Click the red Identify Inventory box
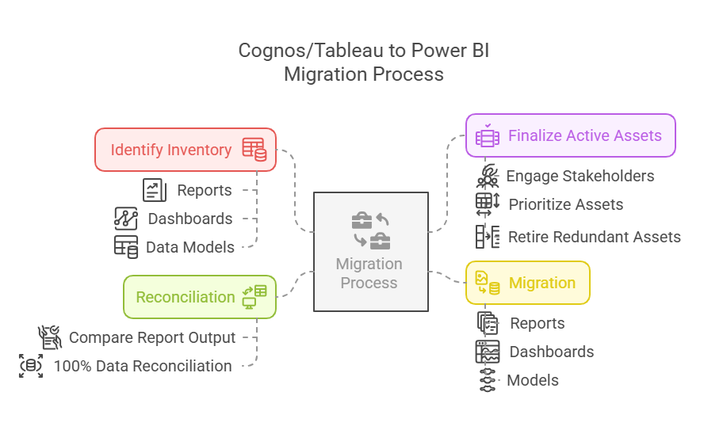point(186,150)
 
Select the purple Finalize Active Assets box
point(570,136)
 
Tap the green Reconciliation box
point(200,297)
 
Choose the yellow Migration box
point(527,283)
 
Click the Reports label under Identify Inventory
point(205,190)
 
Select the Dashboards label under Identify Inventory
point(190,219)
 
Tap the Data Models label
point(190,247)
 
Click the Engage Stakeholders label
point(580,176)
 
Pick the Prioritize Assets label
point(566,204)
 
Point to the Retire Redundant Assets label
point(595,237)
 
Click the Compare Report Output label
point(152,337)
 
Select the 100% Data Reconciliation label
point(143,366)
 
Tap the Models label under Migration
point(533,380)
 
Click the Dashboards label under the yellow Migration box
point(552,352)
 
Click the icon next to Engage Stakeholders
point(488,176)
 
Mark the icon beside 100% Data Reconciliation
point(31,366)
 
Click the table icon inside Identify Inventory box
point(254,149)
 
